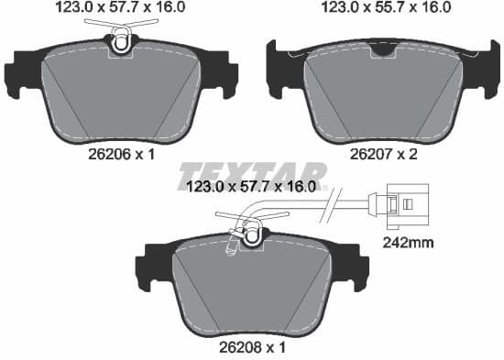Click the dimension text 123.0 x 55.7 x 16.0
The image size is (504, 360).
pyautogui.click(x=379, y=8)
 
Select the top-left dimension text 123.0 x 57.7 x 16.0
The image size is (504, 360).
pyautogui.click(x=120, y=8)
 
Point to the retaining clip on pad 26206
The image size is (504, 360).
pyautogui.click(x=121, y=38)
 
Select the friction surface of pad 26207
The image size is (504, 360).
pyautogui.click(x=379, y=92)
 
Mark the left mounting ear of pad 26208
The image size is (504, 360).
pyautogui.click(x=148, y=267)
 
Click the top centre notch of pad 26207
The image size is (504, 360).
pyautogui.click(x=378, y=51)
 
